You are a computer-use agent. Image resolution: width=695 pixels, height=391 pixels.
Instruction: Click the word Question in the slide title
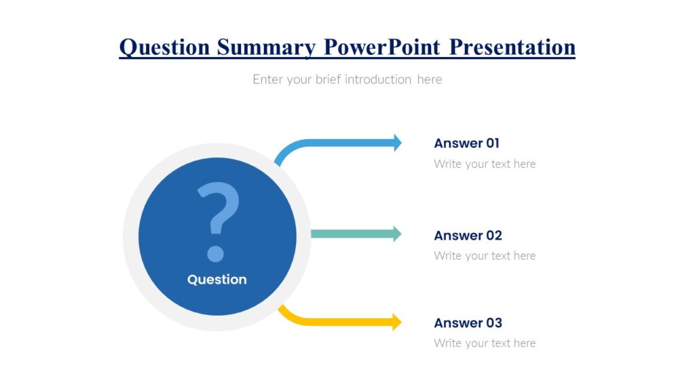click(x=164, y=47)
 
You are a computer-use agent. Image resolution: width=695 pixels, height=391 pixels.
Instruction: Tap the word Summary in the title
click(x=266, y=47)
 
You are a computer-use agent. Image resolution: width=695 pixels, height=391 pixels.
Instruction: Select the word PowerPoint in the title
click(x=383, y=47)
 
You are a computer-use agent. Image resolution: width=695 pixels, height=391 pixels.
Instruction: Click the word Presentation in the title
click(x=512, y=47)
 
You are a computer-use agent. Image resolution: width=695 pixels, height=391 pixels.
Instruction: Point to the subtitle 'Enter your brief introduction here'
click(x=347, y=79)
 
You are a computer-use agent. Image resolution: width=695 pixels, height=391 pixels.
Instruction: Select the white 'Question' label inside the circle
click(x=217, y=280)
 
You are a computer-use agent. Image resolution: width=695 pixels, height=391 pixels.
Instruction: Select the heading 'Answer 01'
click(x=466, y=143)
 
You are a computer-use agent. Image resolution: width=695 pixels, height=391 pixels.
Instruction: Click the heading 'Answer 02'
click(x=468, y=236)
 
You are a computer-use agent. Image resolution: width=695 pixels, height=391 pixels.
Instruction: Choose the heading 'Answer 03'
click(x=468, y=322)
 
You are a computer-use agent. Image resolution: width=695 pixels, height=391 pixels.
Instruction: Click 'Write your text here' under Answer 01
click(x=485, y=164)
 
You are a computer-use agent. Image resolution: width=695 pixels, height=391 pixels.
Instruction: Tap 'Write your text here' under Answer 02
click(x=485, y=256)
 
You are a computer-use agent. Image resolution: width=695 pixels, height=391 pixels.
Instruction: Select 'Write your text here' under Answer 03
click(x=485, y=343)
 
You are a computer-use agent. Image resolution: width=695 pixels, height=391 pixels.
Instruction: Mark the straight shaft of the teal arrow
click(x=350, y=234)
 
